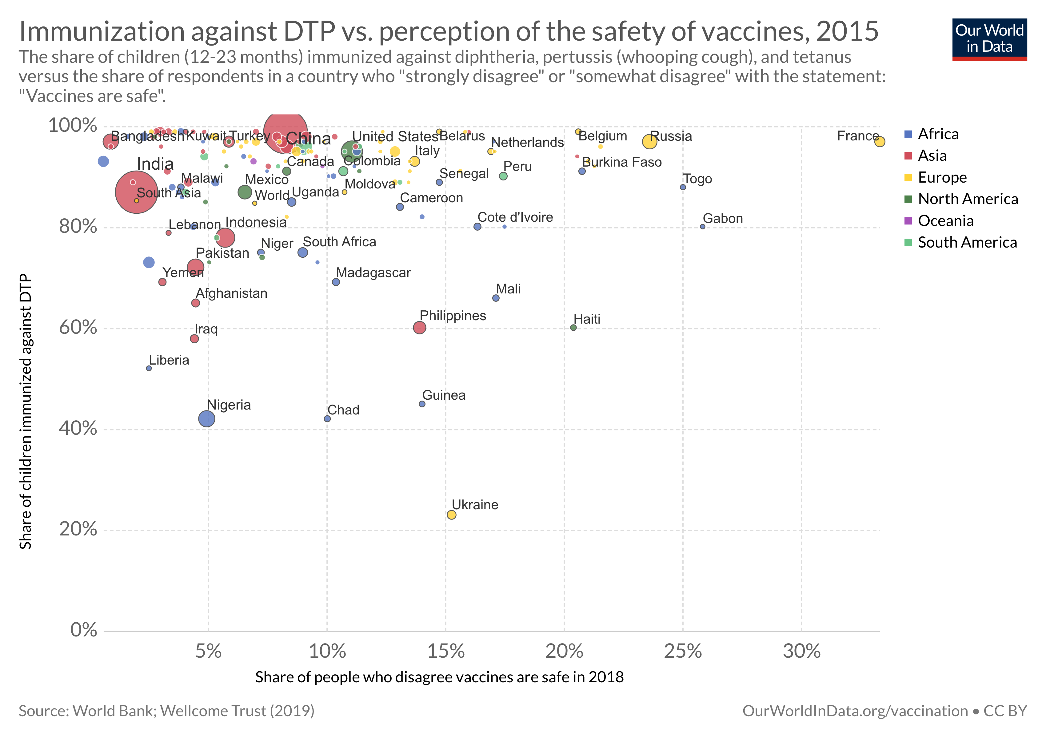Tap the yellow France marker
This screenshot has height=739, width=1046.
(879, 142)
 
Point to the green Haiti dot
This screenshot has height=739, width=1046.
(573, 328)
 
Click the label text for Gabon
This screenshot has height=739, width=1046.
(723, 219)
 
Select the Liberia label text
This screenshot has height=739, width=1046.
(169, 360)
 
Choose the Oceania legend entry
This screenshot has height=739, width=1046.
(945, 221)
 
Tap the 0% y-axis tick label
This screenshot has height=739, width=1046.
(84, 630)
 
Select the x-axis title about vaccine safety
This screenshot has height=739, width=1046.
(439, 677)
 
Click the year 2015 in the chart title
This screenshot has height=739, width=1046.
(847, 31)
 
